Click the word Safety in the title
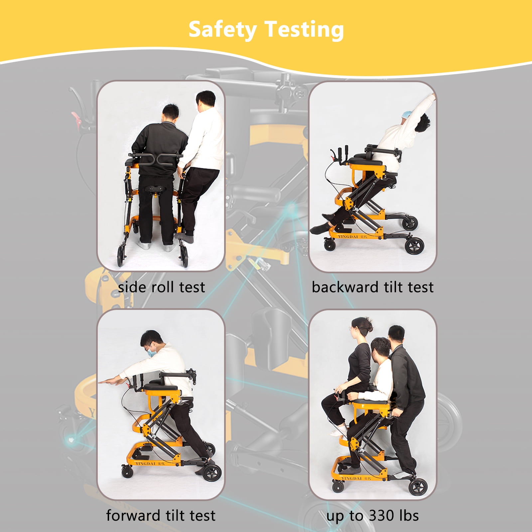[222, 30]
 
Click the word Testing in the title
[304, 30]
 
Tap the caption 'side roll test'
[161, 287]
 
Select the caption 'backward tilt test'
[372, 287]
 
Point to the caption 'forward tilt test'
[161, 515]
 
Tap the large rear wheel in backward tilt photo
[415, 246]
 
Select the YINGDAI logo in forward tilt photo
[146, 463]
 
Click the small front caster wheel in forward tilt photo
[127, 472]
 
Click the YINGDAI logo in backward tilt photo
[348, 236]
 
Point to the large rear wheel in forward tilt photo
[212, 472]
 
